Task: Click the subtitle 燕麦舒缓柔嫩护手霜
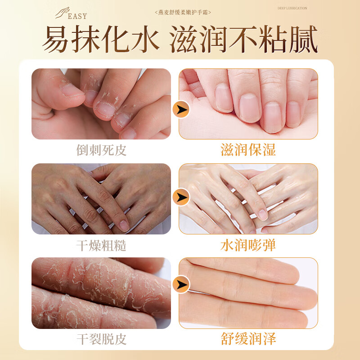point(182,12)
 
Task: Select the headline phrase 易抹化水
point(102,40)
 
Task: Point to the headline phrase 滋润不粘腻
point(243,40)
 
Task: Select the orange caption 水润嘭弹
point(248,246)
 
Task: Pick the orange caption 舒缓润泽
point(248,338)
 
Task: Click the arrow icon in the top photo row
point(181,109)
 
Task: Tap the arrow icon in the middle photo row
point(181,197)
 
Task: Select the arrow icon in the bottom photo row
point(181,284)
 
